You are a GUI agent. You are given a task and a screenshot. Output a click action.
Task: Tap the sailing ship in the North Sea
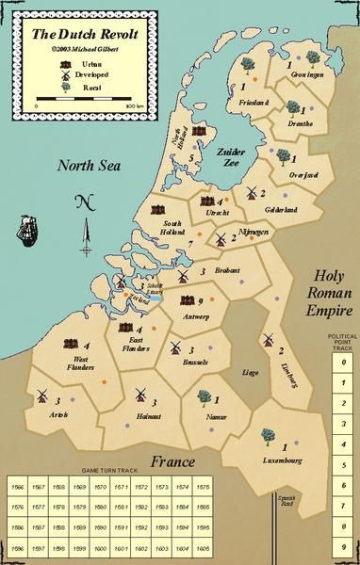click(28, 229)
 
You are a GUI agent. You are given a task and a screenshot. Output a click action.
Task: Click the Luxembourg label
click(278, 460)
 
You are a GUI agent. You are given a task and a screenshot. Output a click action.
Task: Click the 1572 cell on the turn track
click(140, 487)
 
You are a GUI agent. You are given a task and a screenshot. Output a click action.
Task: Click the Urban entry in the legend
click(79, 59)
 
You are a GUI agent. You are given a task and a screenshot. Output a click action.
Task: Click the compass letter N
click(83, 201)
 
